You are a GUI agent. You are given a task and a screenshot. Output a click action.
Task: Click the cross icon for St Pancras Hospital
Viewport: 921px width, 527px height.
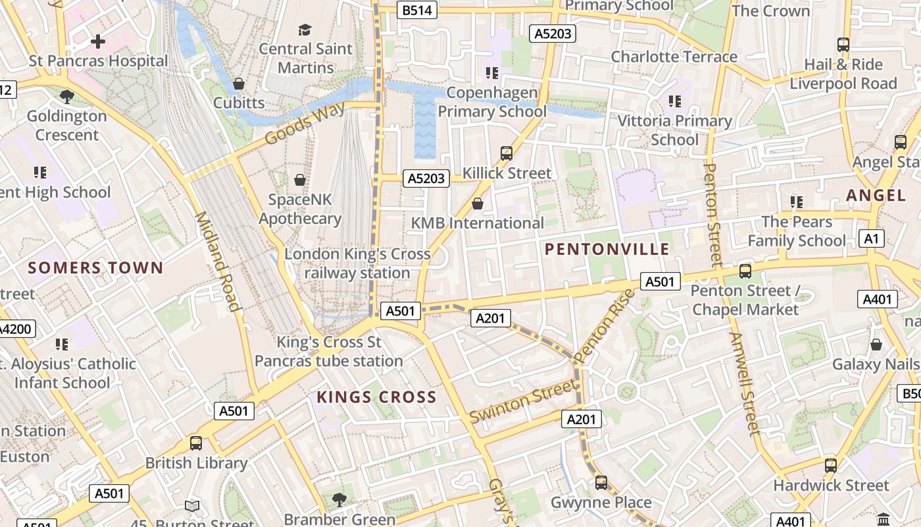click(98, 42)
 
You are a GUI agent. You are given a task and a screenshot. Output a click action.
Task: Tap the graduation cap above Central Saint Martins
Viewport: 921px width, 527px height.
click(305, 30)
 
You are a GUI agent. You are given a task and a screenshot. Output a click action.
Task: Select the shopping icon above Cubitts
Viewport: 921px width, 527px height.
click(239, 84)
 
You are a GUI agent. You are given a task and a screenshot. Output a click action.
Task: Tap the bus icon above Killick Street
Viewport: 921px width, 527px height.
click(507, 153)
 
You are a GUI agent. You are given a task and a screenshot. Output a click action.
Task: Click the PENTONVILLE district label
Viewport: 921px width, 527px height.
click(607, 249)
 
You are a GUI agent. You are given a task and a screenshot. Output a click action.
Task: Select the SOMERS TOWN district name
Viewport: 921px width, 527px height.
click(95, 267)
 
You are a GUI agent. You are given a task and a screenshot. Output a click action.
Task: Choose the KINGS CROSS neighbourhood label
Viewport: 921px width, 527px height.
click(376, 397)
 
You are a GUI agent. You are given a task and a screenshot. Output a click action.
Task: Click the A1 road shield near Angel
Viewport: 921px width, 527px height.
click(872, 238)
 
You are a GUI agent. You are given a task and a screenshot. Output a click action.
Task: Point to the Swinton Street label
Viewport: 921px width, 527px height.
click(523, 402)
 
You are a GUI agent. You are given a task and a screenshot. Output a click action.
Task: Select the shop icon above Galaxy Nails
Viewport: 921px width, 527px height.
click(876, 345)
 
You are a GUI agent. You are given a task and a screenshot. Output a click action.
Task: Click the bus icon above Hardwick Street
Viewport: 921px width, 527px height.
click(831, 466)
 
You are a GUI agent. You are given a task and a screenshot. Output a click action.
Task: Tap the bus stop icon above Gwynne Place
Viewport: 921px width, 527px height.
click(601, 483)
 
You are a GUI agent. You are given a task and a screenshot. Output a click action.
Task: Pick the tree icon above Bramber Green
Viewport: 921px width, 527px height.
click(339, 499)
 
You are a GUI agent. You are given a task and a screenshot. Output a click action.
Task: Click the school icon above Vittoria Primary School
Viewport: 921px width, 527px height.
click(675, 101)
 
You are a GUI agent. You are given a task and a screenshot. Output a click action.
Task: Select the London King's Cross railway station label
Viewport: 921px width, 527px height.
click(357, 263)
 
